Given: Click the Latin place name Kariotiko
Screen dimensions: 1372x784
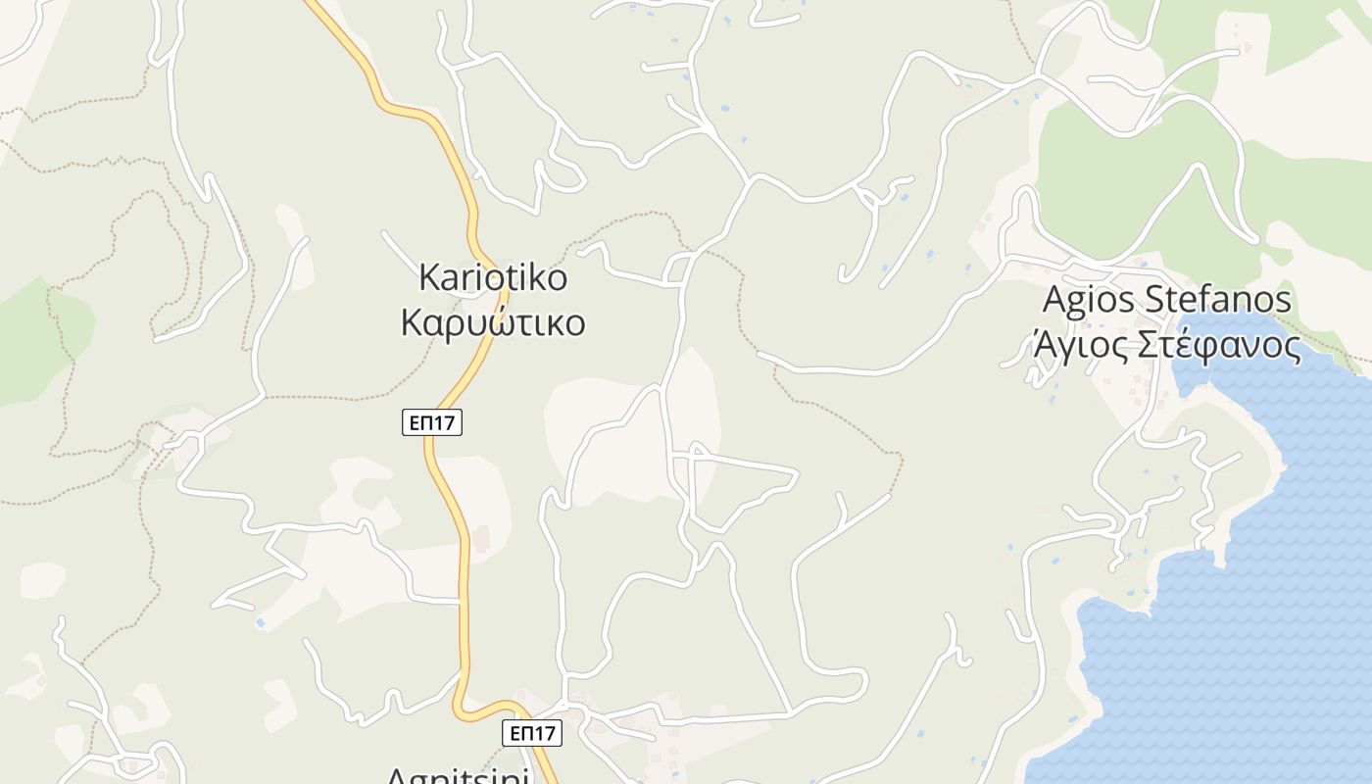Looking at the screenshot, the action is point(493,277).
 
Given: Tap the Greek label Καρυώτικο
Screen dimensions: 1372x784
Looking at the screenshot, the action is point(493,322).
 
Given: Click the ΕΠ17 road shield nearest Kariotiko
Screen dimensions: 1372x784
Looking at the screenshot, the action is point(432,422).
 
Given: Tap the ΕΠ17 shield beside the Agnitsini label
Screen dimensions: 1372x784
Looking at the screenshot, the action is point(531,732).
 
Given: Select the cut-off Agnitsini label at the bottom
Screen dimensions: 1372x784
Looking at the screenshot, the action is point(458,776).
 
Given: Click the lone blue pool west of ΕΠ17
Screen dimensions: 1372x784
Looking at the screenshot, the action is point(260,621).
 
